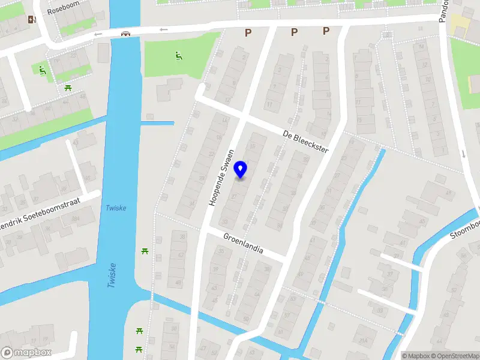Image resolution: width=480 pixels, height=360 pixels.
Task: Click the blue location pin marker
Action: [x=241, y=170]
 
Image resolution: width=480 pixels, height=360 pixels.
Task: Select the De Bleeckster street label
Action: [x=306, y=143]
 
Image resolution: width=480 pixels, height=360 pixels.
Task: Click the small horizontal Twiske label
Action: [x=115, y=208]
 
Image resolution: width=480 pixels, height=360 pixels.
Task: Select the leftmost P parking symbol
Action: [x=247, y=33]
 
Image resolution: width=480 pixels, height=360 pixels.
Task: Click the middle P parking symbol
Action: [x=294, y=32]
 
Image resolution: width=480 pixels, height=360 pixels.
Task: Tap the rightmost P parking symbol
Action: [x=326, y=31]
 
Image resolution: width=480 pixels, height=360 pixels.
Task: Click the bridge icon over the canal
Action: [x=125, y=34]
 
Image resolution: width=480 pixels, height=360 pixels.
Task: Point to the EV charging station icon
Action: [x=32, y=19]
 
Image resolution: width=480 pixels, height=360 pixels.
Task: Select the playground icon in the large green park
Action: [x=178, y=56]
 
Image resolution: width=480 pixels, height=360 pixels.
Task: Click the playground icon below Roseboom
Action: [x=41, y=70]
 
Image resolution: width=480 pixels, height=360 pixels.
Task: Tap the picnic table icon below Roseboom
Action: [x=67, y=88]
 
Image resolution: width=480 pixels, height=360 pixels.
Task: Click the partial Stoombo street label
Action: [x=464, y=229]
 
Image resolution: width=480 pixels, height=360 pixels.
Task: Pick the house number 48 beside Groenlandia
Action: [x=178, y=282]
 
